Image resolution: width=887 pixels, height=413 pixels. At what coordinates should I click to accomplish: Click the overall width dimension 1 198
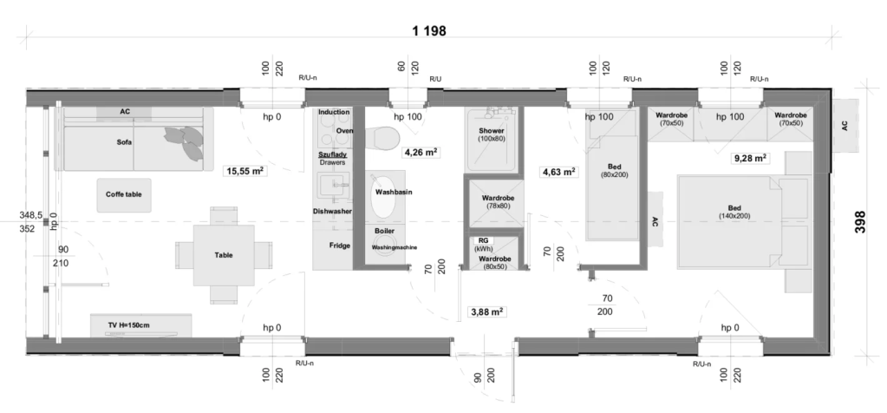tap(429, 30)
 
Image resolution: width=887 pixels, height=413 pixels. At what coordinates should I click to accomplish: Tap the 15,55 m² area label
tap(245, 171)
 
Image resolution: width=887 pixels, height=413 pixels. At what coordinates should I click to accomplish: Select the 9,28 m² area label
tap(750, 159)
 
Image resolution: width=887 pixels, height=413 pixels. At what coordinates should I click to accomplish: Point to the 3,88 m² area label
tap(486, 311)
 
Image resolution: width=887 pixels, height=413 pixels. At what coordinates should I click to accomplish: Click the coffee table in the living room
tap(124, 195)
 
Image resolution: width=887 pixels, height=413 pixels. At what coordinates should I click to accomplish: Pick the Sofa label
tap(125, 142)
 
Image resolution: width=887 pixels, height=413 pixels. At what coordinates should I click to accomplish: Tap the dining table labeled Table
tap(224, 255)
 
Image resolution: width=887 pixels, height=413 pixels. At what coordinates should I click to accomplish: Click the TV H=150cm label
tap(129, 325)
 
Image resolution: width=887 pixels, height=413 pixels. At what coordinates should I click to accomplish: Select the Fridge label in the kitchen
tap(340, 246)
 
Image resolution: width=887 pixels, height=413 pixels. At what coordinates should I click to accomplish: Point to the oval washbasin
tap(384, 196)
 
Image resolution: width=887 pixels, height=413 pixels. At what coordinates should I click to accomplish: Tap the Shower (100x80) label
tap(492, 134)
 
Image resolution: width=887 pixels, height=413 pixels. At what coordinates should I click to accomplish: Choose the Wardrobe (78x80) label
tap(498, 202)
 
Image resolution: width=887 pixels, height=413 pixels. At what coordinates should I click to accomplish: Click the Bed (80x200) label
tap(615, 171)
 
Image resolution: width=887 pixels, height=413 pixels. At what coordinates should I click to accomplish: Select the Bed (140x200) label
tap(734, 213)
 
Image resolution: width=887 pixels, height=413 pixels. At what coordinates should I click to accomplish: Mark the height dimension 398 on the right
tap(860, 222)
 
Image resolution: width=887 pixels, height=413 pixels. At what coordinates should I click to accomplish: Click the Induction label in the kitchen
tap(334, 112)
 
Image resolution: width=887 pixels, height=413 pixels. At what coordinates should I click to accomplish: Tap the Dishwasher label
tap(333, 211)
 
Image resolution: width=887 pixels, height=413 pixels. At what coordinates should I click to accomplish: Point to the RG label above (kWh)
tap(483, 240)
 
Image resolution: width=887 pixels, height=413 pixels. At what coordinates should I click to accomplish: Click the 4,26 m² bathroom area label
tap(421, 152)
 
